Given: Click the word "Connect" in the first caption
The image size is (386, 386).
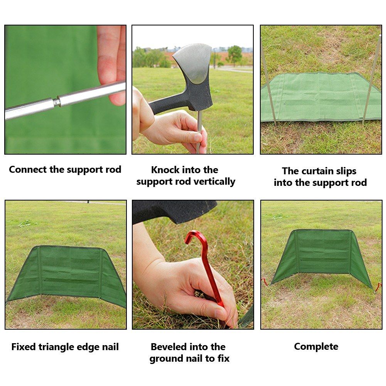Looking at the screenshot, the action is pos(28,170).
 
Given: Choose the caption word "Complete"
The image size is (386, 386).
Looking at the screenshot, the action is pos(316,347).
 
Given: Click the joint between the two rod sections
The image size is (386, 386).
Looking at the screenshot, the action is pos(57,101).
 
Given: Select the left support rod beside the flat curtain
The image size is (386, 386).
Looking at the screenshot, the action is pos(268,84).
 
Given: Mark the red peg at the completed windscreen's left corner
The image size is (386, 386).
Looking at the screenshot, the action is pos(265,282).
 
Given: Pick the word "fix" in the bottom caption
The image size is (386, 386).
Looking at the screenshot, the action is pos(223,359).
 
